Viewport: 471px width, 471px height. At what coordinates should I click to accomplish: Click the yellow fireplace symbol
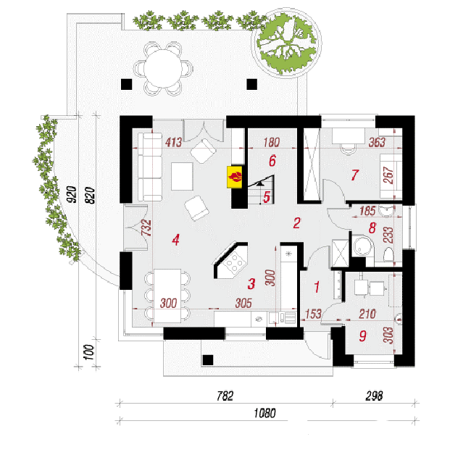click(x=235, y=177)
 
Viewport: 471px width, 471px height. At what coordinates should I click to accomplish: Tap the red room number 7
click(x=355, y=175)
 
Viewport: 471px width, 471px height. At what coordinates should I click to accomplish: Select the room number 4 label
click(x=176, y=240)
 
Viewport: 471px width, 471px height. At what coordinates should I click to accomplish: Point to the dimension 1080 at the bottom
click(x=264, y=413)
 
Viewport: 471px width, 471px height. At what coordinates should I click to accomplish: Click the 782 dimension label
click(x=225, y=396)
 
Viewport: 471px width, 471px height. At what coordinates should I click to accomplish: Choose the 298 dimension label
click(x=375, y=396)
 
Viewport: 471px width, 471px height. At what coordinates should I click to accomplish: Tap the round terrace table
click(x=163, y=69)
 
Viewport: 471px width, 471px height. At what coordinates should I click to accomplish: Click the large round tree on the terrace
click(x=287, y=44)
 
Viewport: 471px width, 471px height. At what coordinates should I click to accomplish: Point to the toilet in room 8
click(x=388, y=254)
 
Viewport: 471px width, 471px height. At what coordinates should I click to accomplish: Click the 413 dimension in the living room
click(x=174, y=142)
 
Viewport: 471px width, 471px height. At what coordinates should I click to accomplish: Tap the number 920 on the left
click(x=72, y=194)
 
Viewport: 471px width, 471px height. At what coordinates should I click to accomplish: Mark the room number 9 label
click(x=363, y=335)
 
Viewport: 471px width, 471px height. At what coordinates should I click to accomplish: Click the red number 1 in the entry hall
click(x=317, y=287)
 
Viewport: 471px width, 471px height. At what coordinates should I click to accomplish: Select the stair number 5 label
click(x=267, y=197)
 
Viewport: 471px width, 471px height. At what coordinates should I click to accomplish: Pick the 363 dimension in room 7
click(x=377, y=142)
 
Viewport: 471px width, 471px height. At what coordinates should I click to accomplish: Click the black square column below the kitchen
click(x=208, y=360)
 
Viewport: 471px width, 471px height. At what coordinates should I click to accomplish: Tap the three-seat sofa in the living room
click(x=150, y=167)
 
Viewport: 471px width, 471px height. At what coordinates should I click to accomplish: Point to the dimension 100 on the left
click(x=89, y=352)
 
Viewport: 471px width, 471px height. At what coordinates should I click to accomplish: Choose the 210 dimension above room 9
click(x=367, y=314)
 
